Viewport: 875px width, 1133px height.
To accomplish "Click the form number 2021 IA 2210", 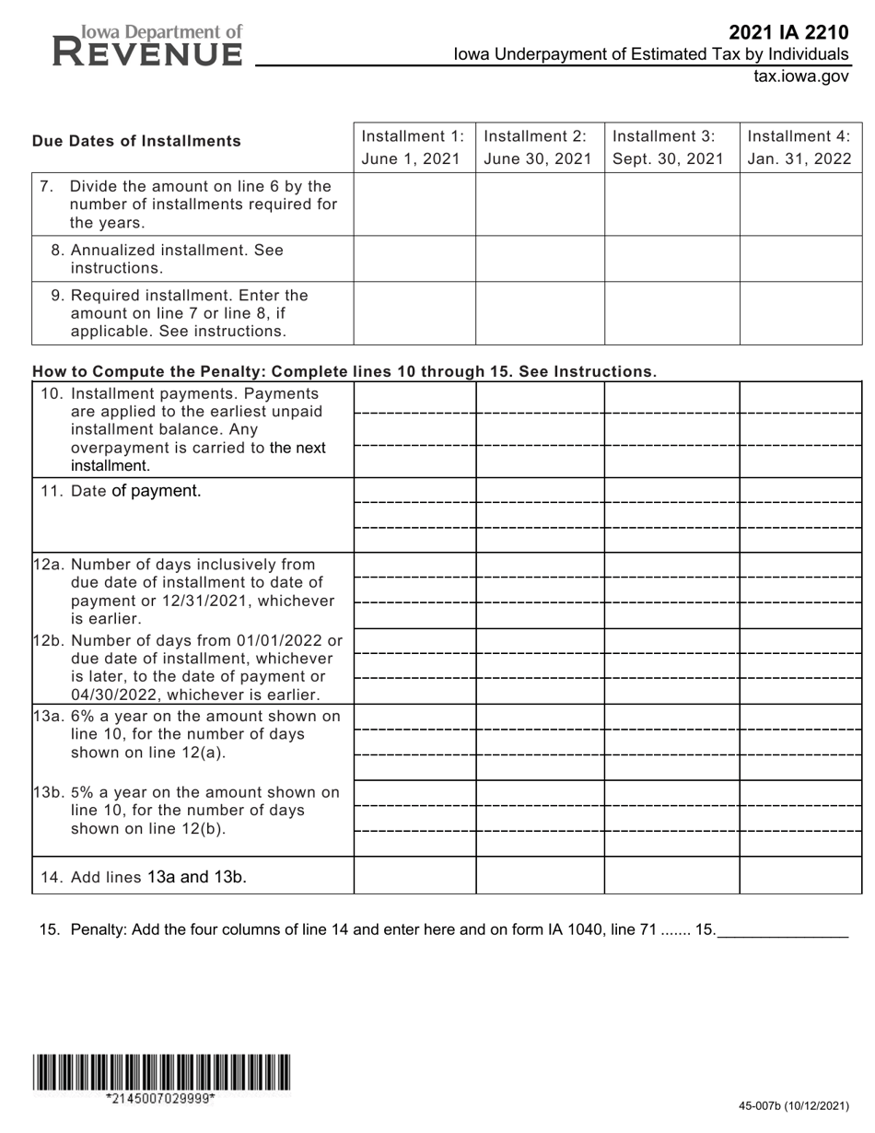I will (x=788, y=33).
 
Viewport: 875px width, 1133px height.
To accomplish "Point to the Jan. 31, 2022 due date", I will (x=799, y=158).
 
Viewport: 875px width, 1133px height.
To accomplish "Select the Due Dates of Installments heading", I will (x=136, y=141).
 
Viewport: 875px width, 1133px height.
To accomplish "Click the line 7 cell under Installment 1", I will (x=414, y=204).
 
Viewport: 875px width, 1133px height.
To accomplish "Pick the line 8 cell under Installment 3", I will (x=671, y=258).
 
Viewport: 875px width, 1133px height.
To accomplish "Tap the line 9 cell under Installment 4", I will (x=800, y=312).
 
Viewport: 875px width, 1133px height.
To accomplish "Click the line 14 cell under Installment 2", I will (x=540, y=875).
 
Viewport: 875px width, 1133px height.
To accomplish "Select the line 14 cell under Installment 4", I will (x=800, y=875).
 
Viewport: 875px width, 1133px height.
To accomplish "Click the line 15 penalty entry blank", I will (x=782, y=930).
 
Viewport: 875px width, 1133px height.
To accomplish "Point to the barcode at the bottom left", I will (x=161, y=1072).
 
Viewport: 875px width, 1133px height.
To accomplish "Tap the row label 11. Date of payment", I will (x=120, y=491).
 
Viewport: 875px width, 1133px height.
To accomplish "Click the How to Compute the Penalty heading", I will (x=344, y=371).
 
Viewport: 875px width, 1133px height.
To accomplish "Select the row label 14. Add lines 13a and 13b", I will (x=143, y=877).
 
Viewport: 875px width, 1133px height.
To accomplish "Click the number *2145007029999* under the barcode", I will (x=161, y=1098).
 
